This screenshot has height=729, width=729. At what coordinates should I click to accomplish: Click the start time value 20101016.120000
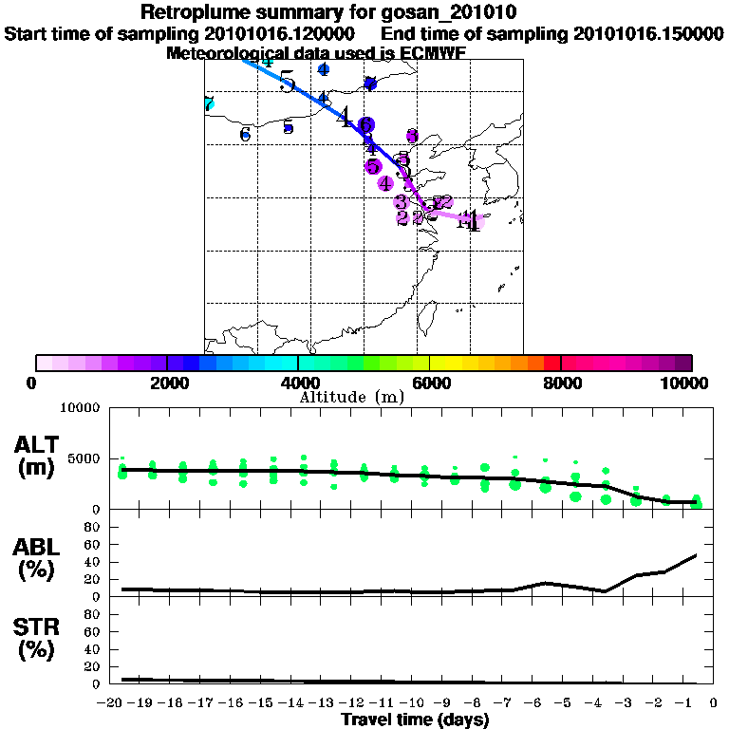tap(286, 33)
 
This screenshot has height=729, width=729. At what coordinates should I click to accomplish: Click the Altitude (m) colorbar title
tap(351, 396)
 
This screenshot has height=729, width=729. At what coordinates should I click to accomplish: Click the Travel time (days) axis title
tap(415, 720)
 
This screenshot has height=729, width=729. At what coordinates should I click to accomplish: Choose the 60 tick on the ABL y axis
tap(92, 544)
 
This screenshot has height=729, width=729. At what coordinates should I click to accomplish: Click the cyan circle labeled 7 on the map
tap(209, 104)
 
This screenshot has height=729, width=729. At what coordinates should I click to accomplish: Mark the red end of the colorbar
tap(551, 363)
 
